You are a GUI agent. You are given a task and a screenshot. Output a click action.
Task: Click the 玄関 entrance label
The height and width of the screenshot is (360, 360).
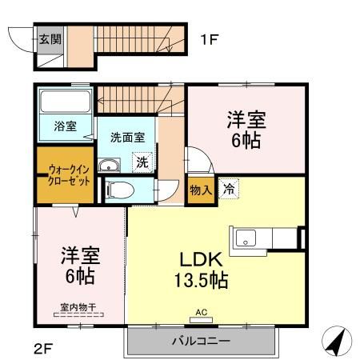[50, 38]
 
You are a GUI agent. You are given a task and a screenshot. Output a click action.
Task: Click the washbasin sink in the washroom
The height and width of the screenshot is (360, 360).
[109, 166]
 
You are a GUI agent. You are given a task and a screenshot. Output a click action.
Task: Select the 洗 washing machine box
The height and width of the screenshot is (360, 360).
[142, 162]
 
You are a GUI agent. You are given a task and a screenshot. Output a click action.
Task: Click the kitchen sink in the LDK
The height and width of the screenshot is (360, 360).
[245, 238]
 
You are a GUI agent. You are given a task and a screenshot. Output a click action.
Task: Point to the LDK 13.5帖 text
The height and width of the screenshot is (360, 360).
[198, 272]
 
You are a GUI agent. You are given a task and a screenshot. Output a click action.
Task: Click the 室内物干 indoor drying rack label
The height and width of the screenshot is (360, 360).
[78, 306]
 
